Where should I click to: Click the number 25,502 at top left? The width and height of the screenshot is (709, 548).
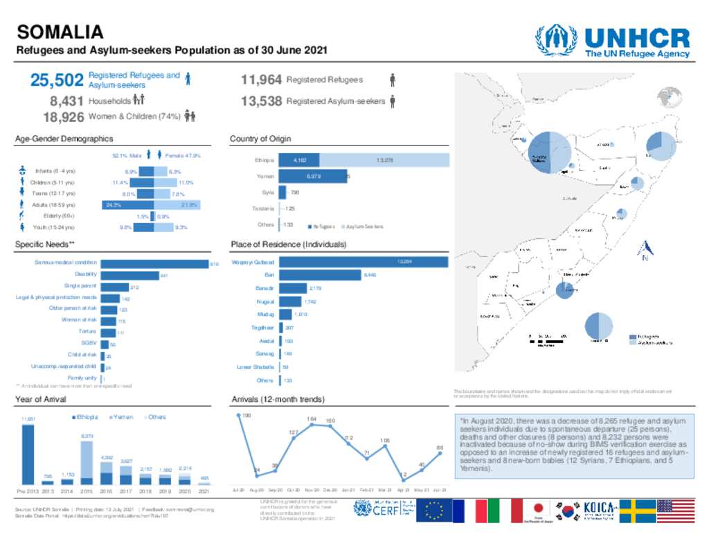click(x=57, y=80)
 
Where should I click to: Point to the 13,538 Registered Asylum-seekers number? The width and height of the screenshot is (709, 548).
click(x=261, y=101)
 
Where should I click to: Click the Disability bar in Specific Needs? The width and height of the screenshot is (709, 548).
click(x=129, y=275)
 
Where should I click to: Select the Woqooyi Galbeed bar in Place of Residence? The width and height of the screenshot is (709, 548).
click(x=363, y=263)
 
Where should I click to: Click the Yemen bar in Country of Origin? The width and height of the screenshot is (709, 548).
click(x=312, y=177)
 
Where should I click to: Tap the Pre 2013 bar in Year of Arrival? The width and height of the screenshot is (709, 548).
click(x=28, y=454)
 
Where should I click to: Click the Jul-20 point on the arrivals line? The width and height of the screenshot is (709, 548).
click(x=238, y=416)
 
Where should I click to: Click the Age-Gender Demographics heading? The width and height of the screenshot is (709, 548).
click(x=64, y=139)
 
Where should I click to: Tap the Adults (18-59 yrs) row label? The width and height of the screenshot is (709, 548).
click(x=53, y=205)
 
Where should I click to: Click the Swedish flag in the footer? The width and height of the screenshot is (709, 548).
click(x=637, y=511)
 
